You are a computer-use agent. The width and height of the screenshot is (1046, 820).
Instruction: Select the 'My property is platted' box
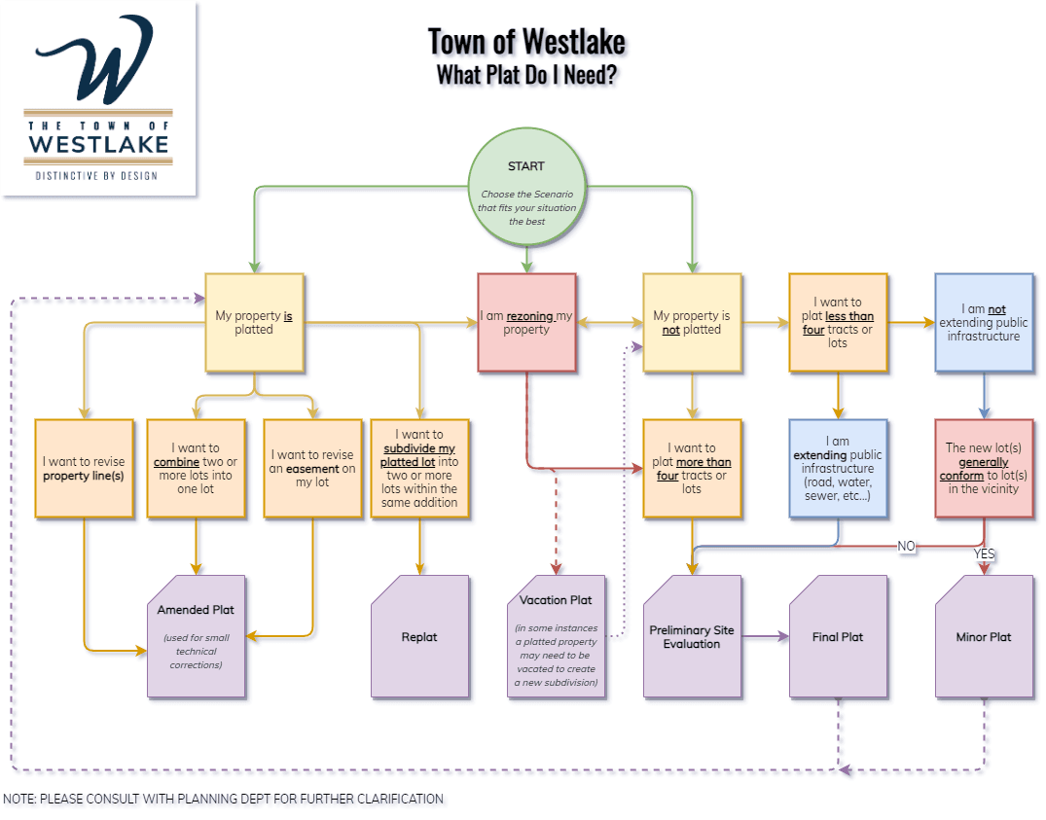[254, 322]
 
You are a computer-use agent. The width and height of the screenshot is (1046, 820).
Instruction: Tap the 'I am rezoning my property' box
[526, 322]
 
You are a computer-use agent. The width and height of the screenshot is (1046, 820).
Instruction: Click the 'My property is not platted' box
[692, 322]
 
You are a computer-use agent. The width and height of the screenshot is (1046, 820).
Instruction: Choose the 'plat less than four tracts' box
[838, 322]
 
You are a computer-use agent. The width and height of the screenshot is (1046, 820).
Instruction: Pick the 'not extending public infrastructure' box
[984, 322]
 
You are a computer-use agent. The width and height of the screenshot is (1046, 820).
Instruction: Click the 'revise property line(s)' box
[84, 468]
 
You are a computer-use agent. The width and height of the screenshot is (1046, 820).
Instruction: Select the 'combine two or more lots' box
[197, 468]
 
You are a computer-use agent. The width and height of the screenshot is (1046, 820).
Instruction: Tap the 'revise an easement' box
[313, 468]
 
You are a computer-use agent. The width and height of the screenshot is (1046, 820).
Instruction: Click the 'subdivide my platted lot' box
[419, 468]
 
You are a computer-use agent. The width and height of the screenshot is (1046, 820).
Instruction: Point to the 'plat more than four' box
[692, 468]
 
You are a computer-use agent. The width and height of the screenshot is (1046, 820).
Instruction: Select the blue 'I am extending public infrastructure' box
[838, 468]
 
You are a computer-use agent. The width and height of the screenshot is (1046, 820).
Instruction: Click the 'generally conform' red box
[984, 468]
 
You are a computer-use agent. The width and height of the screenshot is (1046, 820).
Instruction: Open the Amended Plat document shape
[197, 636]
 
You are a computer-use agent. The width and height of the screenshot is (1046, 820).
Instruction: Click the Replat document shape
[419, 636]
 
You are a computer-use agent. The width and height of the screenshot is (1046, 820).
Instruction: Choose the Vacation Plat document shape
[556, 636]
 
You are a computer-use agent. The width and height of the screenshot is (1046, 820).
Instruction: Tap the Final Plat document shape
[838, 636]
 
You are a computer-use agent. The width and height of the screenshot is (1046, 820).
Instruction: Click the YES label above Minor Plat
[985, 553]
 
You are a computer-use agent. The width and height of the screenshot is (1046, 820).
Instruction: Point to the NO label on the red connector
[906, 546]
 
